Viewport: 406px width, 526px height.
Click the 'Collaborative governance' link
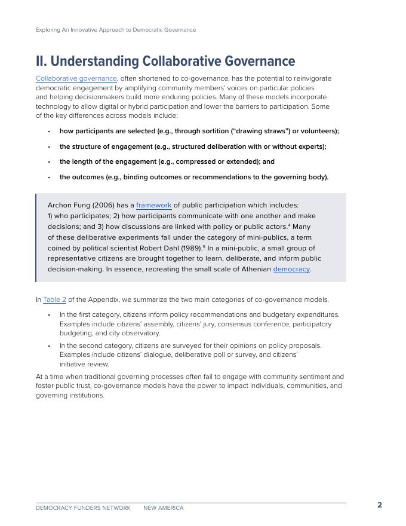[x=76, y=78]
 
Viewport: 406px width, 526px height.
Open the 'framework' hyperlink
[x=153, y=205]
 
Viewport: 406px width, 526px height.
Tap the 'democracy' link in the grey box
[x=291, y=269]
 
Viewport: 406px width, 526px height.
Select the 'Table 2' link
[x=54, y=299]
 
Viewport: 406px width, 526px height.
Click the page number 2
[x=380, y=505]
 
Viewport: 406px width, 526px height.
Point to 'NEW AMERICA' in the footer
[x=164, y=508]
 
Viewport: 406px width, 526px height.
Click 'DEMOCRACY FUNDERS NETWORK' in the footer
[x=83, y=508]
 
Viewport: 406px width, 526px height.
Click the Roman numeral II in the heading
[x=41, y=62]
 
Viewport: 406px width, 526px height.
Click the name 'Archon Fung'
[x=69, y=205]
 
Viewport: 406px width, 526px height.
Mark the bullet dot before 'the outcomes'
[x=50, y=178]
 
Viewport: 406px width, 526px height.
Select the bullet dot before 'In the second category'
[x=50, y=346]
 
